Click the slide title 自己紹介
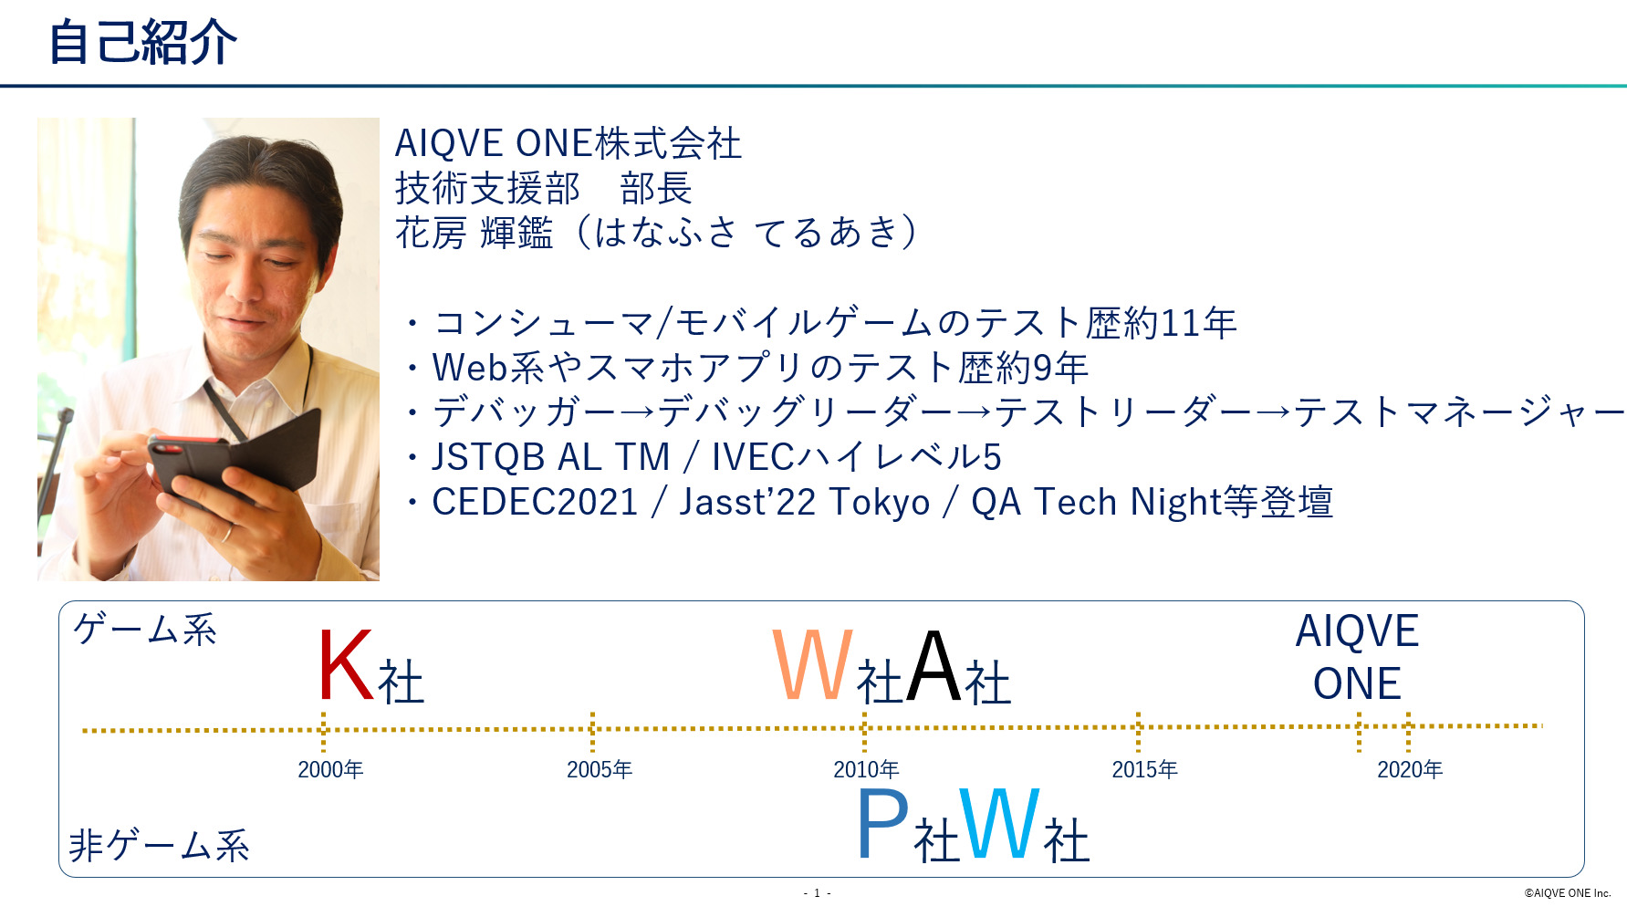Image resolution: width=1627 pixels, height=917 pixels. coord(142,42)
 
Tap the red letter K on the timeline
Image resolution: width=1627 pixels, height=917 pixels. coord(346,665)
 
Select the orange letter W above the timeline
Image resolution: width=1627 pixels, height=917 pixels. coord(813,665)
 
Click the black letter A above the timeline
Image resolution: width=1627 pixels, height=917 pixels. coord(934,665)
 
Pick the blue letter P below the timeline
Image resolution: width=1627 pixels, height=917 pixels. coord(883,824)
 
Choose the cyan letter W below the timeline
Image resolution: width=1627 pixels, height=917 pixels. coord(999,824)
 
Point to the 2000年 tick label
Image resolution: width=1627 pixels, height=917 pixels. coord(330,770)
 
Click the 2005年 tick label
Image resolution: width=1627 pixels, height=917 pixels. coord(600,770)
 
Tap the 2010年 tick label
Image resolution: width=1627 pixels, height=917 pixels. coord(866,770)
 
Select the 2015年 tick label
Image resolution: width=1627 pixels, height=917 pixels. coord(1144,770)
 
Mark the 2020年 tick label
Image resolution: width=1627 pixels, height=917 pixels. coord(1410,770)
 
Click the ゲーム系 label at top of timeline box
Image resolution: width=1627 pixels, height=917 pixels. coord(145,630)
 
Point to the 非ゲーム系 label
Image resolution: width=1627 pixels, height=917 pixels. coord(160,845)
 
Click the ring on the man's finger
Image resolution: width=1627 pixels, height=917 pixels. coord(226,532)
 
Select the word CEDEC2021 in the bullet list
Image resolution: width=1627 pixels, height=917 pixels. coord(535,503)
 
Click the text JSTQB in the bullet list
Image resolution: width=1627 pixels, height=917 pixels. coord(488,457)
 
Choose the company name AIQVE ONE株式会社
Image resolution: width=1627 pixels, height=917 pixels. coord(568,143)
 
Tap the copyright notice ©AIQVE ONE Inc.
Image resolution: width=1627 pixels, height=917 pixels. coord(1568,893)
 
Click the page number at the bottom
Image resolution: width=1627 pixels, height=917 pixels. coord(817,893)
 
